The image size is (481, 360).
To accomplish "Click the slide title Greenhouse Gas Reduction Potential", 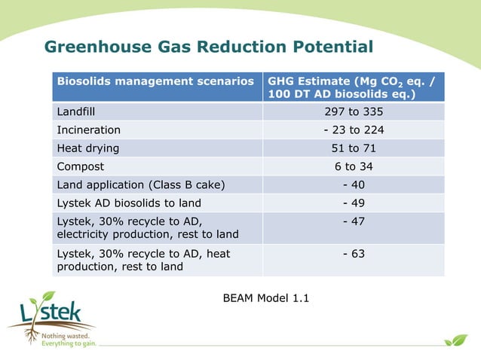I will click(x=209, y=47).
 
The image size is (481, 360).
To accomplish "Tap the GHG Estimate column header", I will click(x=353, y=87).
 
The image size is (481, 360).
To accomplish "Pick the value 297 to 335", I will click(x=354, y=111).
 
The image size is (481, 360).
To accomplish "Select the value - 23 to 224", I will click(x=354, y=130).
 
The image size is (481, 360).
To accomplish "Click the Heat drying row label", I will click(x=88, y=148).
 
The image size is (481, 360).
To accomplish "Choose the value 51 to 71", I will click(x=354, y=148).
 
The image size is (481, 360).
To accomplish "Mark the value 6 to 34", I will click(x=354, y=166).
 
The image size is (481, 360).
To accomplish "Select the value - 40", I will click(x=354, y=184).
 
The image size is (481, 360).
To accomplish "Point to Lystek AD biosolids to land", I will click(x=129, y=202).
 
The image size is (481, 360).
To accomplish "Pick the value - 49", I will click(x=354, y=202).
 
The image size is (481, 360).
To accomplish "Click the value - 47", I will click(x=354, y=221).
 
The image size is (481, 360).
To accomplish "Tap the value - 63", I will click(x=354, y=254).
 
